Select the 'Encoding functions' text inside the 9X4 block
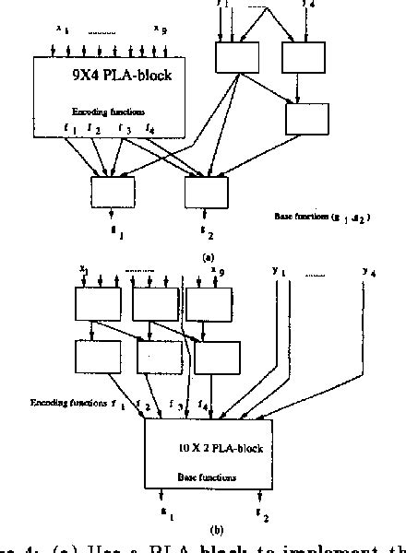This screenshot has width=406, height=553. coord(103,111)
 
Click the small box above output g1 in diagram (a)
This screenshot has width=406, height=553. coord(113,194)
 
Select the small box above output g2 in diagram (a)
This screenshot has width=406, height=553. coord(205,194)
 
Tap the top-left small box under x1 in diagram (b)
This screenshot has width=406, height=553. coord(97,304)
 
